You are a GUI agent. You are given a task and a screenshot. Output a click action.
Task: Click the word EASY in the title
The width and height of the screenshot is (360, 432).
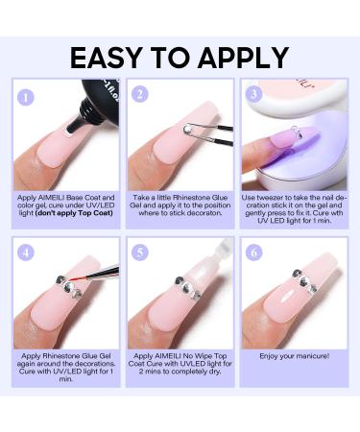pyautogui.click(x=106, y=58)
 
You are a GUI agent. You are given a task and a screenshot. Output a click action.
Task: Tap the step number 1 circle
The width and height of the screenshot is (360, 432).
pyautogui.click(x=26, y=97)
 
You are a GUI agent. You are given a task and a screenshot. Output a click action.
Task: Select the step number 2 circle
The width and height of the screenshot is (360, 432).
pyautogui.click(x=140, y=94)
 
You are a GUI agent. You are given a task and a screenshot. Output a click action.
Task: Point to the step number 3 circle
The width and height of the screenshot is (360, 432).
pyautogui.click(x=254, y=94)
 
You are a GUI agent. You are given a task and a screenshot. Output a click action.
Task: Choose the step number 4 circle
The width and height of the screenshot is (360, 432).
pyautogui.click(x=26, y=252)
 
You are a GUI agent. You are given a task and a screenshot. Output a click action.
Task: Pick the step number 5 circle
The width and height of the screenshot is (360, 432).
pyautogui.click(x=140, y=252)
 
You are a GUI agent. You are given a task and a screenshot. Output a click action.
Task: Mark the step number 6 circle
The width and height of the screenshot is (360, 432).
pyautogui.click(x=254, y=252)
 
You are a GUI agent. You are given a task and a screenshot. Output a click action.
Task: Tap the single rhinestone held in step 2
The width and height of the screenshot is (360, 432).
pyautogui.click(x=187, y=129)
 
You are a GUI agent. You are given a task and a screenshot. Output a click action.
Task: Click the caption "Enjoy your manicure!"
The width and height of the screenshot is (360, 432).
pyautogui.click(x=294, y=356)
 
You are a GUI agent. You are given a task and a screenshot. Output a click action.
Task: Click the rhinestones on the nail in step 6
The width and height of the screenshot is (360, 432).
pyautogui.click(x=304, y=281)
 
